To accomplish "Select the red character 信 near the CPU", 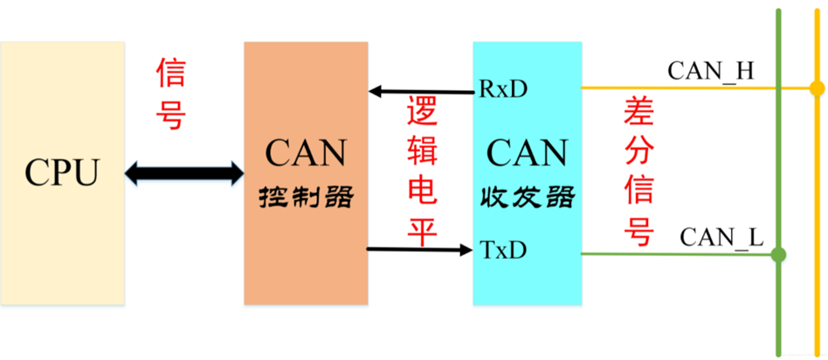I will click(172, 74).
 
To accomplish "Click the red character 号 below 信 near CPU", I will click(172, 114).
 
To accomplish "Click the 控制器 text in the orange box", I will click(306, 197).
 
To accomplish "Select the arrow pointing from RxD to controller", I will click(420, 90).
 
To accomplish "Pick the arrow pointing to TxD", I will click(420, 250).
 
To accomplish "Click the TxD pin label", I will click(503, 250).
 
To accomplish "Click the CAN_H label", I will click(710, 71).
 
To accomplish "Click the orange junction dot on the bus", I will click(817, 88).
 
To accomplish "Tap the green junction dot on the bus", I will click(778, 255).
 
